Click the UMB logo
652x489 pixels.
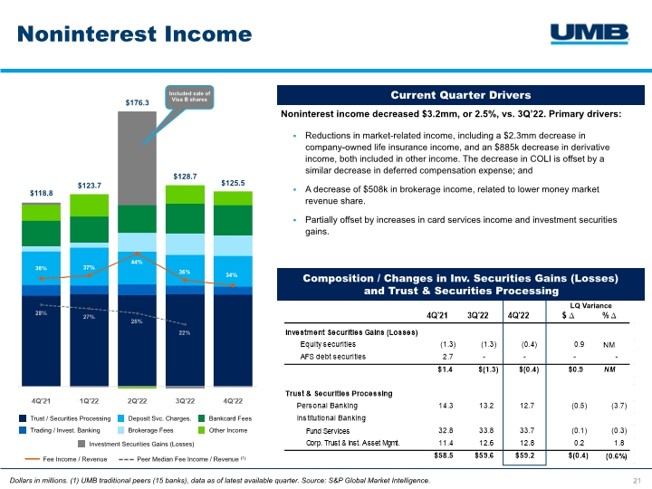590,34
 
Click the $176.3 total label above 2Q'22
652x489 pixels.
137,103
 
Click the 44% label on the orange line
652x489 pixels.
137,262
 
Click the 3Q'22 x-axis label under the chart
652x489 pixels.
185,399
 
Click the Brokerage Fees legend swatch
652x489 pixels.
122,430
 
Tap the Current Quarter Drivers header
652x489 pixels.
461,95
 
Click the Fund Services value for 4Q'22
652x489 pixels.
521,430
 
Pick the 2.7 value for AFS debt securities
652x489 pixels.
447,356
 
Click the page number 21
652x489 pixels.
637,479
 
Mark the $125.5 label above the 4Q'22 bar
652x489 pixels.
233,184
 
